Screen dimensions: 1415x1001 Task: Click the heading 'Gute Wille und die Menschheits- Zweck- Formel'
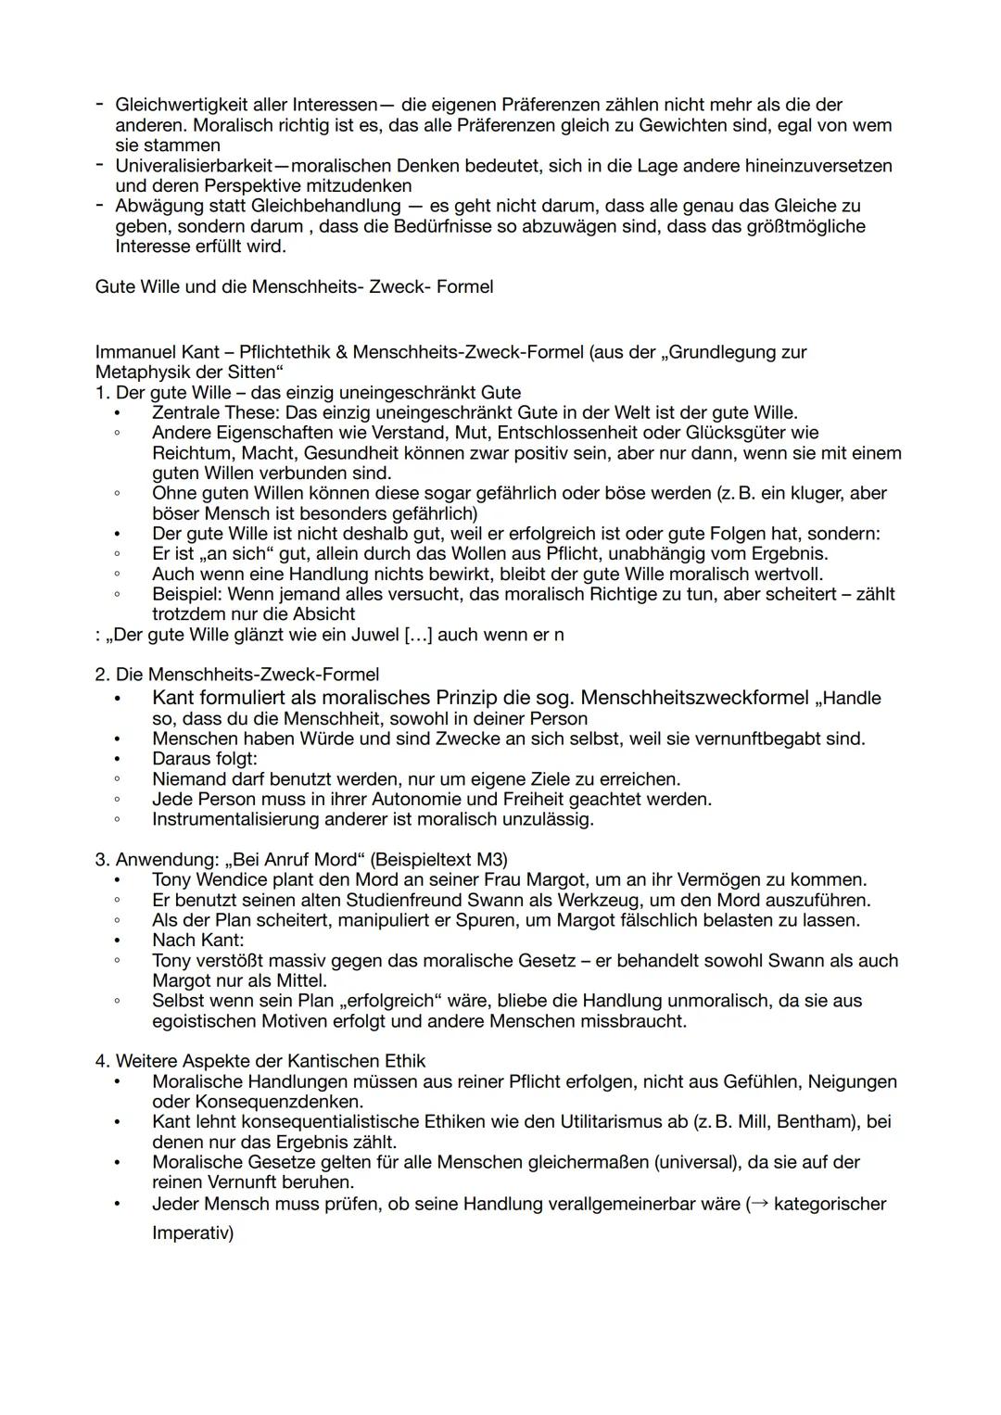[x=294, y=286]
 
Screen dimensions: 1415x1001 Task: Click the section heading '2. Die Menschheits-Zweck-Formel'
[x=237, y=675]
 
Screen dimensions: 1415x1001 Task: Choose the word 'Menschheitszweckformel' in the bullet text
[x=694, y=698]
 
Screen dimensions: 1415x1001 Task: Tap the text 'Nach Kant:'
[x=197, y=940]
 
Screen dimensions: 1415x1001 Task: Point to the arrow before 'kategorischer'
[x=757, y=1205]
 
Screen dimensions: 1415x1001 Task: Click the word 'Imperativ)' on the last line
[x=193, y=1233]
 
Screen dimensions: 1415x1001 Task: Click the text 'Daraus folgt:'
[x=204, y=759]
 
